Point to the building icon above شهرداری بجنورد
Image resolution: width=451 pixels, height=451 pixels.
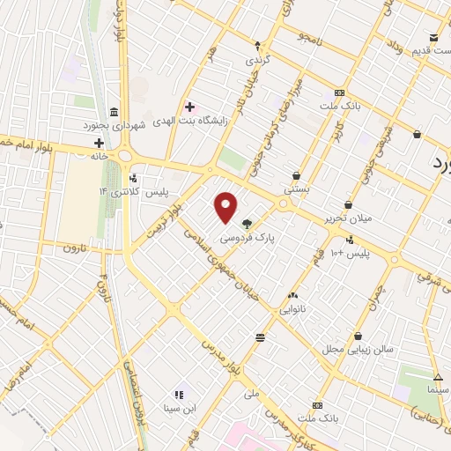[x=115, y=112]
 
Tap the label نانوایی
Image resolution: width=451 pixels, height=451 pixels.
[x=293, y=310]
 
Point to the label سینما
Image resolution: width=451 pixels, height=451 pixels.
[x=437, y=389]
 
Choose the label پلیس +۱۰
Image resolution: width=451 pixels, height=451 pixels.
[x=350, y=253]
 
